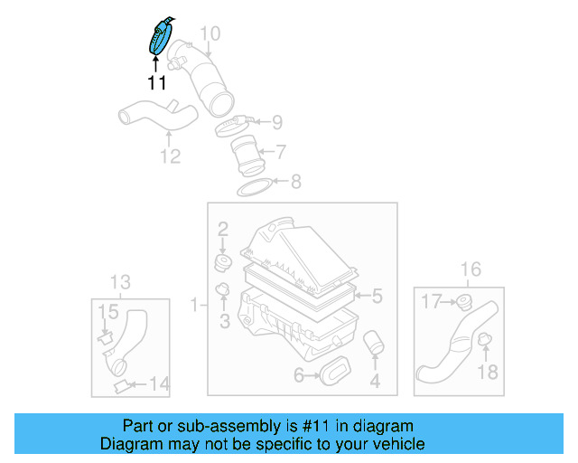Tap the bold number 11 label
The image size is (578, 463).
[157, 83]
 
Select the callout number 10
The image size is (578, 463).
[210, 34]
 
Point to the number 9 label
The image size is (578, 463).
[277, 121]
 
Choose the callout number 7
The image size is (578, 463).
[281, 151]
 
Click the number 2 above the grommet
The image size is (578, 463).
[222, 231]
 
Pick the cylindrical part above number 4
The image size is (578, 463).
[373, 345]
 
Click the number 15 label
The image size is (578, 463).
[107, 313]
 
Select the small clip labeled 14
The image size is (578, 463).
[119, 386]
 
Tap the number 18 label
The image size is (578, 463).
[487, 372]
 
